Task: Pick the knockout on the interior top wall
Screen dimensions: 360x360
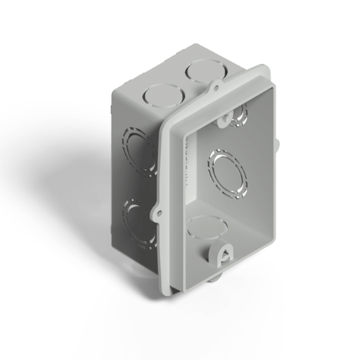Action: click(x=241, y=110)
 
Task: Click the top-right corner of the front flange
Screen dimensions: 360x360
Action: click(x=266, y=67)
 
